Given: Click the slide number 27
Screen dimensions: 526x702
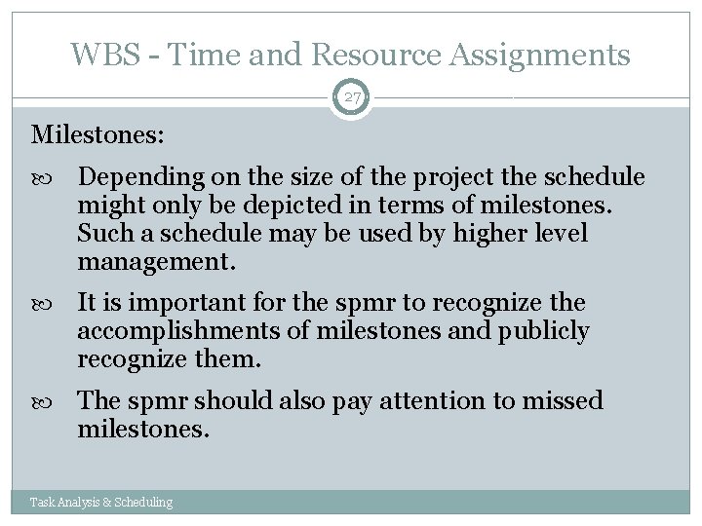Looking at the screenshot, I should click(351, 97).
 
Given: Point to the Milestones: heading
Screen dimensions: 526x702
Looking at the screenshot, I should click(96, 133).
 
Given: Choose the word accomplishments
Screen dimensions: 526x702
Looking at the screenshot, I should click(180, 331).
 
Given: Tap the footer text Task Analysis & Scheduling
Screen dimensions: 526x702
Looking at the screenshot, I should click(101, 503).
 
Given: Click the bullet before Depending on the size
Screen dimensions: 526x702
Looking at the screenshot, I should click(52, 178).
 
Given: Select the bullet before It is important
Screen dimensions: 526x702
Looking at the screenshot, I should click(52, 303).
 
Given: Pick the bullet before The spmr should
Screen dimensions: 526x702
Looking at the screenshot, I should click(52, 401).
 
